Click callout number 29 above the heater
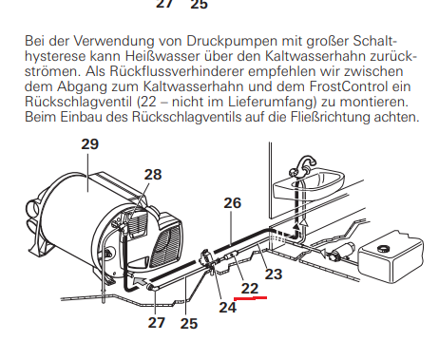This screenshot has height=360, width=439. point(90,144)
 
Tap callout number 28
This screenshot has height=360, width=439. point(153,175)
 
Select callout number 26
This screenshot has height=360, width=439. point(233,203)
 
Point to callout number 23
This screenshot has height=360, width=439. point(274,275)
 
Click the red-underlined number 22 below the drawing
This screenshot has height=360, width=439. point(250,289)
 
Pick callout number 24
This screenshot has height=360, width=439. point(228,307)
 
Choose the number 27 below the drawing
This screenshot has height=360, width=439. point(157,323)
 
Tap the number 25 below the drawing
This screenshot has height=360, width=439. point(189,324)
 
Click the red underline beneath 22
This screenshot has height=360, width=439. point(250,298)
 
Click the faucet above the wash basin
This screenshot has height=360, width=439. point(302,165)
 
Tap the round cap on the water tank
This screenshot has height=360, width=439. point(384,248)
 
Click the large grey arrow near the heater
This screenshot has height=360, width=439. point(141,281)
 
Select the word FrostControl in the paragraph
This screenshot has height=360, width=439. point(348,86)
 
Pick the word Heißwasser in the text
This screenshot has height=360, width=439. point(162,56)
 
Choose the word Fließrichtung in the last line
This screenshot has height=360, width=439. point(330,117)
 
